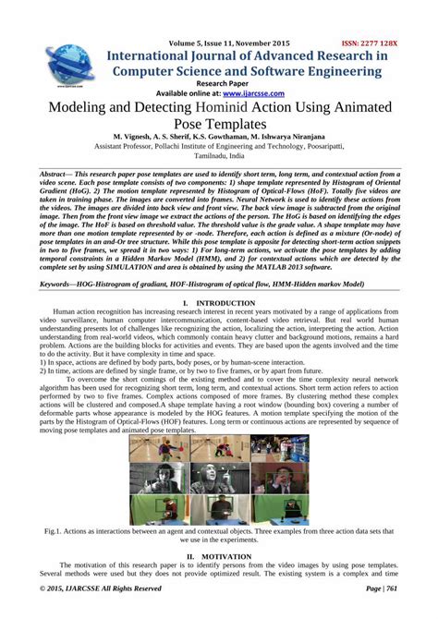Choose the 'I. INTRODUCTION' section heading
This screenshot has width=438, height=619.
point(220,303)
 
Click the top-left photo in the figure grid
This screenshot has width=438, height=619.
point(152,449)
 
